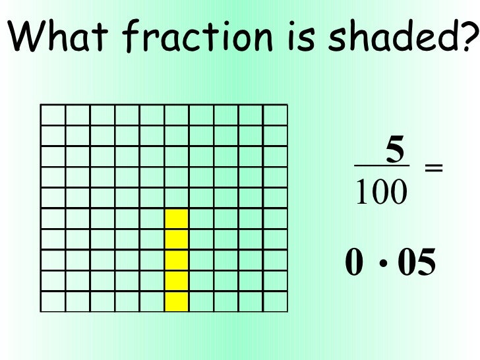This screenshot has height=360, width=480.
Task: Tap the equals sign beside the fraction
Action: tap(433, 169)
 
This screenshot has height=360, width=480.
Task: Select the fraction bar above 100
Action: tap(382, 165)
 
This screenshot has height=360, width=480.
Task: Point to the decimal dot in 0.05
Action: tap(383, 266)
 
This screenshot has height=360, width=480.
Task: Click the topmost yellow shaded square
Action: tap(177, 219)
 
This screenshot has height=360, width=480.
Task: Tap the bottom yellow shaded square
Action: tap(177, 301)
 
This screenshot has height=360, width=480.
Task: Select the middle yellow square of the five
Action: tap(177, 260)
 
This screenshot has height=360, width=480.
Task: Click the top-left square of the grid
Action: tap(53, 115)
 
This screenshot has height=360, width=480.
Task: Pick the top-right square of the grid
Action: tap(275, 115)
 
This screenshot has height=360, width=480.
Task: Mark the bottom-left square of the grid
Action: tap(53, 301)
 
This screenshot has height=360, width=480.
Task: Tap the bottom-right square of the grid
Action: tap(275, 301)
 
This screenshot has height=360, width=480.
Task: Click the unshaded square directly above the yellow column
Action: tap(177, 198)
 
